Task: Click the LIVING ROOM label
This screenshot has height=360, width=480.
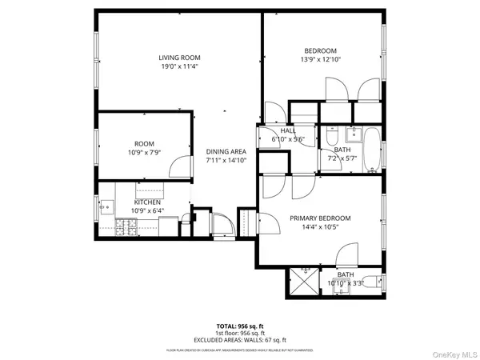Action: pos(178,58)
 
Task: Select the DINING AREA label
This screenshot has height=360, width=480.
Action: pos(226,151)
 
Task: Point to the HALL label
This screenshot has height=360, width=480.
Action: pos(288,130)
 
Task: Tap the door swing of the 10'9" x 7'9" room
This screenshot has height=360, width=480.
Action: pos(181,166)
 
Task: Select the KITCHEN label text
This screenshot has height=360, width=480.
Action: pos(147,202)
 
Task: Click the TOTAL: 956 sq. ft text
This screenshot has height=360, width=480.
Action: pos(239,326)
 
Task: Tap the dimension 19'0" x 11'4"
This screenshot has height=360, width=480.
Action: pos(178,67)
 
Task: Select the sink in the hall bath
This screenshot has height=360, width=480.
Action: pos(352,133)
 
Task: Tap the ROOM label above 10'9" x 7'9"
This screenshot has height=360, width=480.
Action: pos(144,142)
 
